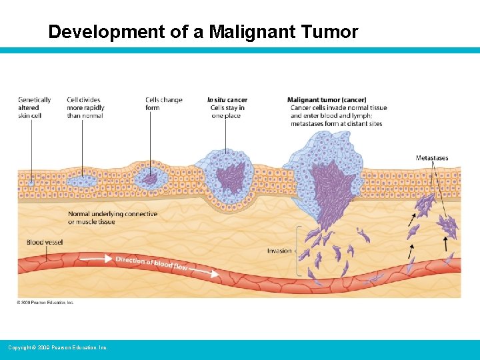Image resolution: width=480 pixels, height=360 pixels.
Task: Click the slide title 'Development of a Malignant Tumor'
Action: click(203, 31)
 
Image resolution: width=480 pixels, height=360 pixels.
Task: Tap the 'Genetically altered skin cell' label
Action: click(30, 108)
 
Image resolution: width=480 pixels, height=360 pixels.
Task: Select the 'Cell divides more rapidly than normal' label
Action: click(85, 108)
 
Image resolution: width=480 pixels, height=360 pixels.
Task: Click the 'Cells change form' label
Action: click(163, 104)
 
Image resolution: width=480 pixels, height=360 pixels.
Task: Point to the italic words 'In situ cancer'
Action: click(227, 100)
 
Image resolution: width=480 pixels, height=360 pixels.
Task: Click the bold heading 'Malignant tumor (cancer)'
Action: click(327, 100)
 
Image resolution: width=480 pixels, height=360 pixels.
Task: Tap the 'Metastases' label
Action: click(432, 158)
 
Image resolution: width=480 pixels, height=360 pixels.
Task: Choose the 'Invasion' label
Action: click(279, 251)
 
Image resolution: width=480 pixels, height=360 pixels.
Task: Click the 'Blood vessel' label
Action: click(45, 243)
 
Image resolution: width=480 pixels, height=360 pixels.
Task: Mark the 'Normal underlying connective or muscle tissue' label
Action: click(113, 218)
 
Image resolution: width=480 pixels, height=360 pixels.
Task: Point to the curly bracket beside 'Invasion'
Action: click(298, 251)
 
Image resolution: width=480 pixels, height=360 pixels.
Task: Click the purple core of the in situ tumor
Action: click(229, 177)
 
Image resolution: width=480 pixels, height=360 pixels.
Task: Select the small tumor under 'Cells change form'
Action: click(149, 178)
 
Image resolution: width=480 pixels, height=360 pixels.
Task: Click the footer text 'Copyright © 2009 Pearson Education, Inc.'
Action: click(57, 348)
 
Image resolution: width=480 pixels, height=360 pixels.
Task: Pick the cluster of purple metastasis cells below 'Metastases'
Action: click(449, 227)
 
